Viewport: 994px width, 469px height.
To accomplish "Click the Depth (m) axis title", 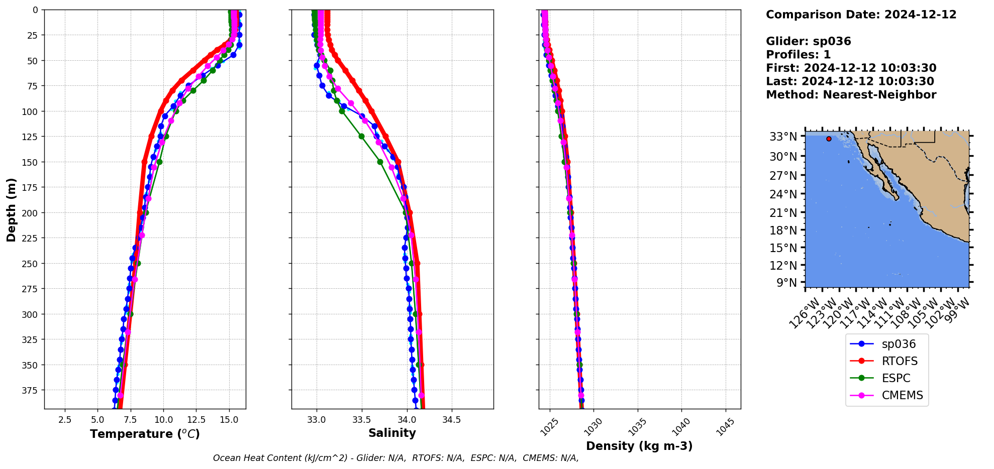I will [11, 209].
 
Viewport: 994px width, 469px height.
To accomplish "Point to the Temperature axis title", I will [145, 434].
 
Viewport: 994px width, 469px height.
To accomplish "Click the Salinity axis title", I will [392, 433].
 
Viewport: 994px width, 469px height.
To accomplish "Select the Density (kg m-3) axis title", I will [639, 446].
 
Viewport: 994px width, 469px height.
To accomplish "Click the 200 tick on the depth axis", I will [32, 213].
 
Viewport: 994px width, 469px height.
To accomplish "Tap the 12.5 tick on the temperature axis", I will [196, 420].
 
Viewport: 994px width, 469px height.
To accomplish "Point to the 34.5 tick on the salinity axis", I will [451, 420].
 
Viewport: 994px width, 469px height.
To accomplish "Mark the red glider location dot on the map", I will [829, 139].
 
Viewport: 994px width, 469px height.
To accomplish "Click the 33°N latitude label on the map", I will [783, 137].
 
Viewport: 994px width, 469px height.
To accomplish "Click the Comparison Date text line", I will [861, 15].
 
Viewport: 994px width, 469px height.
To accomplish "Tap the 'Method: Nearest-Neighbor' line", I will [851, 95].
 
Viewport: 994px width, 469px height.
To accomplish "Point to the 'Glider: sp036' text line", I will [808, 41].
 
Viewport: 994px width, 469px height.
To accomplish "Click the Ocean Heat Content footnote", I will [395, 458].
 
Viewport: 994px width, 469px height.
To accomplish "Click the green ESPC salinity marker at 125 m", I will [361, 136].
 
